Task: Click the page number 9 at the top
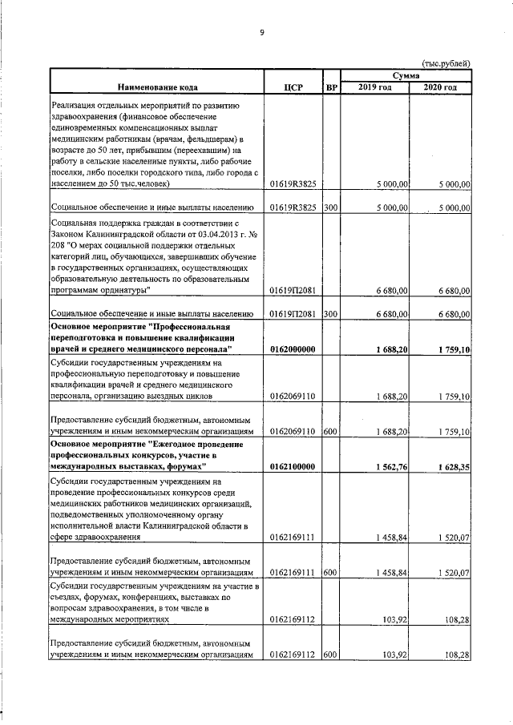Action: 261,33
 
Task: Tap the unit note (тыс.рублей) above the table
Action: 446,63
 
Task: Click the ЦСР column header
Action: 293,87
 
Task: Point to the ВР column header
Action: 331,87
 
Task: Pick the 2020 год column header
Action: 441,87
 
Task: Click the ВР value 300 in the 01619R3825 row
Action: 330,207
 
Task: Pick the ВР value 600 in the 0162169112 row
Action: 330,655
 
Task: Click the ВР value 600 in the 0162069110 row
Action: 330,431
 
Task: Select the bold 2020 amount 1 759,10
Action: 454,349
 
